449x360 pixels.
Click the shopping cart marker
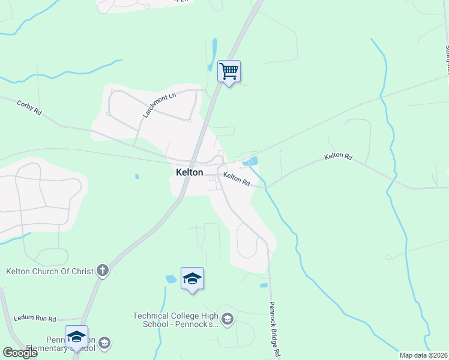click(x=229, y=72)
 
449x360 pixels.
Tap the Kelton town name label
click(x=189, y=172)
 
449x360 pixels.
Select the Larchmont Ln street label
click(x=159, y=104)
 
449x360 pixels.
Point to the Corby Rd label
click(x=29, y=107)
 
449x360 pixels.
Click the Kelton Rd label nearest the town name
click(x=237, y=178)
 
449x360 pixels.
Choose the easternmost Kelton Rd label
click(x=338, y=156)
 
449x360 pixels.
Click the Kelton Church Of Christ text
click(x=50, y=271)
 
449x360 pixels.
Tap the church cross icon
click(x=103, y=271)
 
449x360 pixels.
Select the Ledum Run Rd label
click(x=35, y=319)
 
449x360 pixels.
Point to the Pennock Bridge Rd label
click(x=275, y=329)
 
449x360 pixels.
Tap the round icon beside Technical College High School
click(x=227, y=319)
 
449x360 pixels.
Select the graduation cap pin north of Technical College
click(x=192, y=279)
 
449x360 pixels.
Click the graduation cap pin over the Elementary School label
click(x=76, y=337)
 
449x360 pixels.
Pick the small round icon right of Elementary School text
click(x=104, y=343)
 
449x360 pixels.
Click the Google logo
click(x=20, y=353)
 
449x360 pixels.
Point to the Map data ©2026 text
click(x=423, y=355)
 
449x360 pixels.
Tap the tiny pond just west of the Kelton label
click(x=137, y=176)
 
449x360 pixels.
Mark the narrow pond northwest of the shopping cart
click(x=214, y=49)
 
